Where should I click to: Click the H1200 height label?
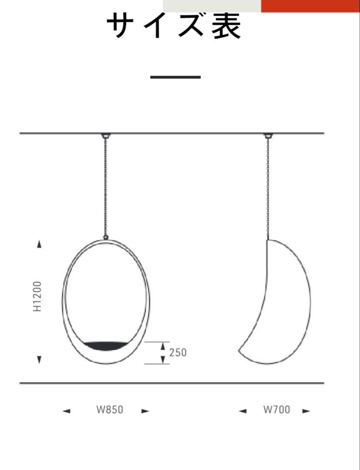pos(37,296)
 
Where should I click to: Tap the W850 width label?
pos(110,410)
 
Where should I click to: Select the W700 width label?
pos(277,410)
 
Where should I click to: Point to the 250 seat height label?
pos(178,352)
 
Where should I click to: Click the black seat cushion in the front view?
pos(106,345)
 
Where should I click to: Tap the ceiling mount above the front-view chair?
pos(105,136)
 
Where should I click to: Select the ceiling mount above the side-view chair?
pos(268,136)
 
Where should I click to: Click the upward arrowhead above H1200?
pos(39,244)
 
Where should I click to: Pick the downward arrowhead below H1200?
pos(39,359)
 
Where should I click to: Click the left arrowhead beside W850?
pos(67,411)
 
